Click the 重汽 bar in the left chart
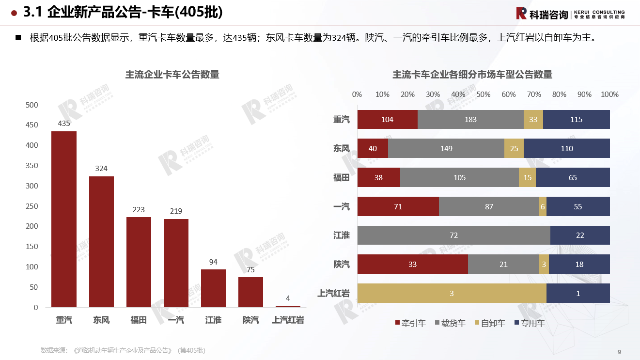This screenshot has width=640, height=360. click(x=64, y=219)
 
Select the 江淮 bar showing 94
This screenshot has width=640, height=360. click(x=213, y=288)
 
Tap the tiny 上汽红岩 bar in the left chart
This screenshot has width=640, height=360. click(x=288, y=307)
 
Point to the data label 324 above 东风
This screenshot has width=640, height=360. click(x=101, y=169)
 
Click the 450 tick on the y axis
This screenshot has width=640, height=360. click(x=32, y=125)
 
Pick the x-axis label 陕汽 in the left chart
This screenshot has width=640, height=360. click(x=250, y=320)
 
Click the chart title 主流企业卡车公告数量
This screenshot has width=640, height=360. click(x=172, y=75)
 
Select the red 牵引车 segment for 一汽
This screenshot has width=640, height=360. click(x=398, y=206)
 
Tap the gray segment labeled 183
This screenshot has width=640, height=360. click(x=470, y=120)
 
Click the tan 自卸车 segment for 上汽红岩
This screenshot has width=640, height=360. click(x=452, y=293)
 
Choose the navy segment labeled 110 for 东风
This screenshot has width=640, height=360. click(x=566, y=148)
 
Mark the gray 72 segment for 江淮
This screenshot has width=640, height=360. click(x=453, y=235)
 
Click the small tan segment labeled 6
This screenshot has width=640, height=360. click(x=543, y=206)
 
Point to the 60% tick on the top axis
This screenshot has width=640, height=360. click(x=509, y=94)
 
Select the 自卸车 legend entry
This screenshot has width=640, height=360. click(x=489, y=323)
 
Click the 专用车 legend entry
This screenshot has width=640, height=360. click(x=529, y=323)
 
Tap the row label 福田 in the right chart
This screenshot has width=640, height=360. click(x=342, y=178)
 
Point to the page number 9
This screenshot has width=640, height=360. click(x=619, y=352)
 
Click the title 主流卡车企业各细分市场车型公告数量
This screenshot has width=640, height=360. click(x=472, y=75)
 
